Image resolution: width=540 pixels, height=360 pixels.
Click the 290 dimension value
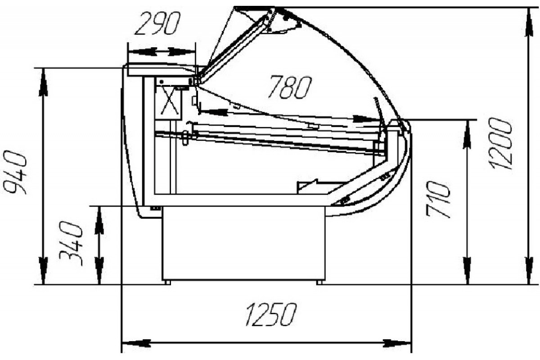pos(157,23)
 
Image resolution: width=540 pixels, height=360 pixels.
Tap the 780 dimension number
pos(290,87)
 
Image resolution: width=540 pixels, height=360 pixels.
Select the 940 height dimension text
pos(14,172)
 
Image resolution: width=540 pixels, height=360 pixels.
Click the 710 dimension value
pos(438,199)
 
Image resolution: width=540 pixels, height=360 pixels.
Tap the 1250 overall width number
pos(270,314)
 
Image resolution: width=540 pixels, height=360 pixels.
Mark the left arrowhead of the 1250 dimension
pos(136,343)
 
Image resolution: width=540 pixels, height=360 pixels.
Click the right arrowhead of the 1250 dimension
pos(397,343)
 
